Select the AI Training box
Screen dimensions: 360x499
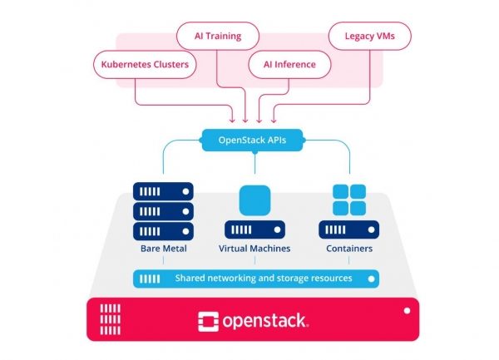pos(217,36)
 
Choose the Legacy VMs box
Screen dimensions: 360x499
pos(363,36)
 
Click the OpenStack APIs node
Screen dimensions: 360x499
pos(251,140)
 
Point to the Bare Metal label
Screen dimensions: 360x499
pos(163,249)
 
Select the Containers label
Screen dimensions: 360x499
pos(349,249)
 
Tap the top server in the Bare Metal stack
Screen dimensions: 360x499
pos(163,190)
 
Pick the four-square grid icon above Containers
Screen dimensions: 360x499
pos(349,200)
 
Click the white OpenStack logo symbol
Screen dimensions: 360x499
pos(208,320)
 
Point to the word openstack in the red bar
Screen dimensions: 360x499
pos(265,320)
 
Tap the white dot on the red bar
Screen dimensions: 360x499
pos(407,309)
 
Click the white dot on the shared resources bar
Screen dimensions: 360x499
pos(372,278)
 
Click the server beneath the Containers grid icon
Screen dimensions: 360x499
pos(349,230)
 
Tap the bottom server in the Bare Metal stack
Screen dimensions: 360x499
pos(163,230)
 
